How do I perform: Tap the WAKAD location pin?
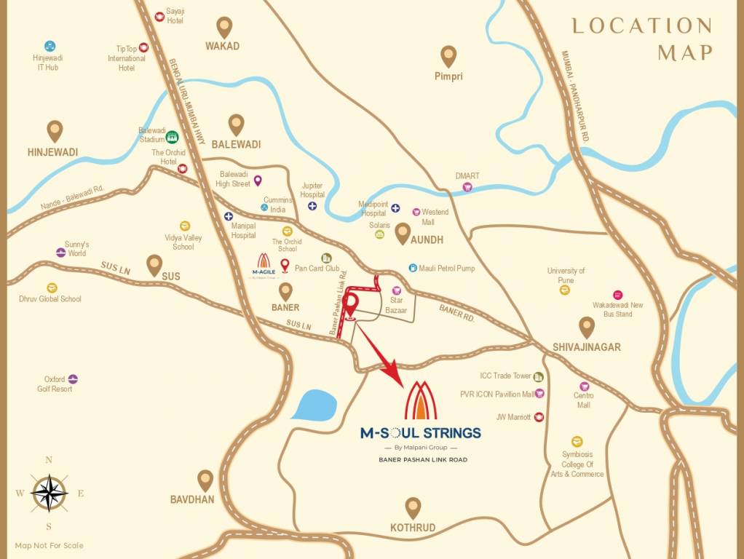click(x=223, y=27)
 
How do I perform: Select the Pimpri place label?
click(x=448, y=76)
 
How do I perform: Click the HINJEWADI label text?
click(x=52, y=152)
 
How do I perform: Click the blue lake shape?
click(x=314, y=405)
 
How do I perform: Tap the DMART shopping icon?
click(x=467, y=187)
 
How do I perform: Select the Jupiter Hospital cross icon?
click(x=312, y=206)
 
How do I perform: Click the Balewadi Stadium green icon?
click(x=172, y=136)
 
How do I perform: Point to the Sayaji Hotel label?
click(x=174, y=17)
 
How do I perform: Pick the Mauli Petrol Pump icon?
click(x=413, y=269)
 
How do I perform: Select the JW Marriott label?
click(x=513, y=417)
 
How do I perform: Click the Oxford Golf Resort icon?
click(x=73, y=379)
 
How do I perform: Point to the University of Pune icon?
click(x=565, y=290)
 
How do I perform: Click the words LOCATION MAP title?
click(x=641, y=39)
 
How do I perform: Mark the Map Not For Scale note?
click(x=50, y=545)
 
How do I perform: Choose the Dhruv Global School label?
click(x=50, y=298)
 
